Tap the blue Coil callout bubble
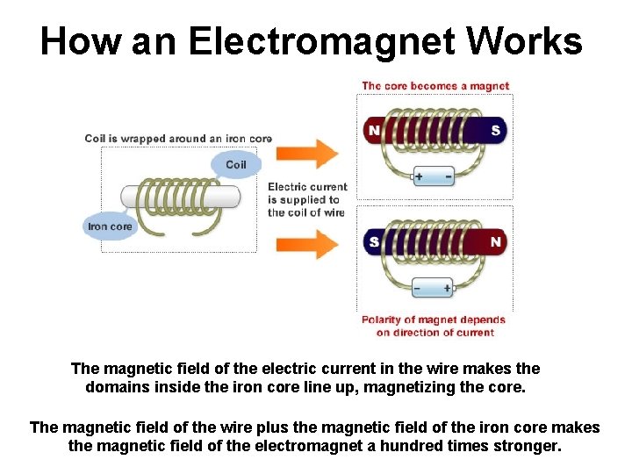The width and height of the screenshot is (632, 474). click(235, 165)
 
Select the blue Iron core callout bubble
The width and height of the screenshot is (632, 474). click(110, 226)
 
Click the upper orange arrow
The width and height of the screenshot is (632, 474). click(306, 154)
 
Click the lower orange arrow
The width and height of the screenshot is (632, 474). click(306, 243)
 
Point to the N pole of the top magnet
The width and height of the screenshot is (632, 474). click(375, 130)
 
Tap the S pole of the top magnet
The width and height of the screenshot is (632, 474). click(495, 130)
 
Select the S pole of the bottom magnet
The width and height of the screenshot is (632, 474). click(375, 241)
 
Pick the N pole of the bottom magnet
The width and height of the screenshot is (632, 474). click(495, 241)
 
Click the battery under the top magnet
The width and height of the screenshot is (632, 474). click(434, 176)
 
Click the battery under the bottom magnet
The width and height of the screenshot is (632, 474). click(434, 287)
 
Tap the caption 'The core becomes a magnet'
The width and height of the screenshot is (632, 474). click(435, 86)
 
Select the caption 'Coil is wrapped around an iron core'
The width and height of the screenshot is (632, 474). click(178, 139)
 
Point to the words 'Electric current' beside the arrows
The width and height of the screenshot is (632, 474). click(307, 186)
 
